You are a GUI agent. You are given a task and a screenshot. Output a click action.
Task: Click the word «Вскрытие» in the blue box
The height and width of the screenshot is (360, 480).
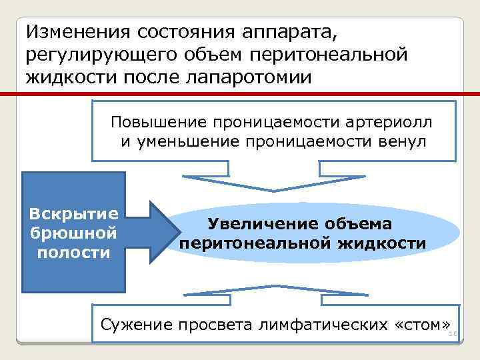click(74, 215)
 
